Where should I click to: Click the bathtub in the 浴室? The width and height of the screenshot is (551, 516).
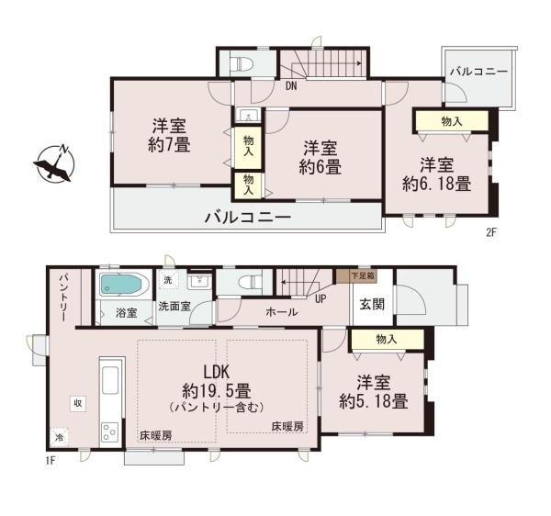point(119,286)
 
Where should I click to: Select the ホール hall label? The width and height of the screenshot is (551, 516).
point(281,312)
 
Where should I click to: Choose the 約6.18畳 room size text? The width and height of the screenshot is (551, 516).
point(436,184)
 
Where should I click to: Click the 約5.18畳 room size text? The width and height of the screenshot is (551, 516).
point(372,400)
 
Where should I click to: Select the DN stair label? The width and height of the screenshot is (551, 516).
point(290,87)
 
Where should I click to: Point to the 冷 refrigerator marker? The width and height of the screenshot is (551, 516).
point(60,436)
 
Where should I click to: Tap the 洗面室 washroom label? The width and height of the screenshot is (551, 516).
point(174,307)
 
